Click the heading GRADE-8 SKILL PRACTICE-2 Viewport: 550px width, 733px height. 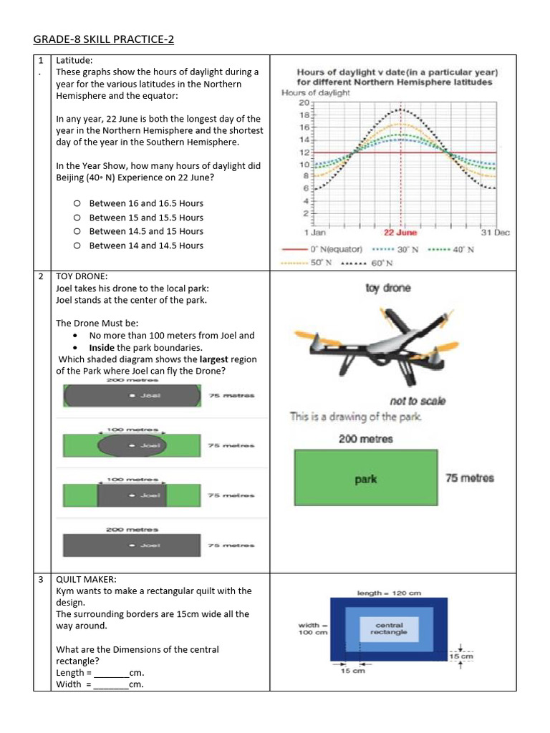[104, 39]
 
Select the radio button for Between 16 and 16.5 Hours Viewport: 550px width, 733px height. [76, 203]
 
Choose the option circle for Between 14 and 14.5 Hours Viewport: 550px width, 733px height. [76, 246]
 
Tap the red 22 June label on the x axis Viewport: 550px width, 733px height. [400, 233]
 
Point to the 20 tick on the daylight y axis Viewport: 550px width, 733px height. [304, 102]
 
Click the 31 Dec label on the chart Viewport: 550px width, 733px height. [495, 233]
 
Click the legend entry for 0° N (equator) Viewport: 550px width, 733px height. [325, 249]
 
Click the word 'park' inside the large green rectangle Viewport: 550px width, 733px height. [366, 480]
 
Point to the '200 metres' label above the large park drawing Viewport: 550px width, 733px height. [366, 439]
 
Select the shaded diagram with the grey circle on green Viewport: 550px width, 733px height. [133, 445]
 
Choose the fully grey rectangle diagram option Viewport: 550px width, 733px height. [133, 545]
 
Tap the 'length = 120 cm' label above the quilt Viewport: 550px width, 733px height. [389, 593]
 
